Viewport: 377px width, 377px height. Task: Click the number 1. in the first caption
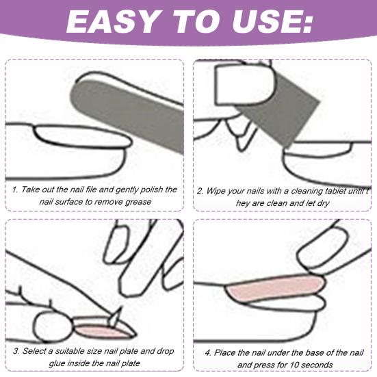[x=15, y=190]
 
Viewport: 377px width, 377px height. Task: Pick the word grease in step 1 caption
[x=135, y=202]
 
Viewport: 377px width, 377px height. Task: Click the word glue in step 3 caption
[x=33, y=364]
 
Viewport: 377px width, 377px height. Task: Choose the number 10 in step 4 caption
[x=286, y=365]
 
